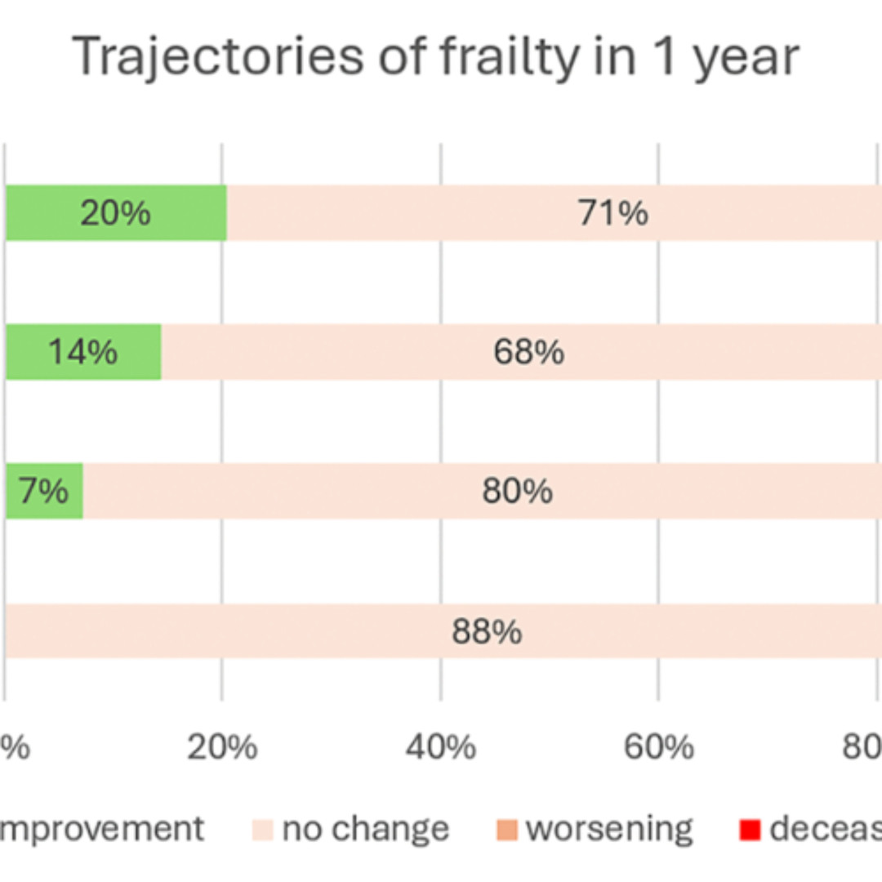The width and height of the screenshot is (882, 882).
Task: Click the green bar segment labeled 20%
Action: (49, 213)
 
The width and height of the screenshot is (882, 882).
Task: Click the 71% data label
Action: (613, 213)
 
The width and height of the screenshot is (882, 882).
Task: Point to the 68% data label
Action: (528, 352)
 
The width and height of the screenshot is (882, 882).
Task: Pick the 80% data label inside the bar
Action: (517, 492)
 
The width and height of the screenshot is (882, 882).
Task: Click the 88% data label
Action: (487, 632)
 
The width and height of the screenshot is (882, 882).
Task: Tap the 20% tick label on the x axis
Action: (221, 747)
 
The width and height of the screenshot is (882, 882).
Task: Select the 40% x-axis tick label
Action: (440, 747)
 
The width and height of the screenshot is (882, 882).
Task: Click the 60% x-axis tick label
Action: (659, 747)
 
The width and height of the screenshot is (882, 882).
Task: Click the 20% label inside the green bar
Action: (115, 213)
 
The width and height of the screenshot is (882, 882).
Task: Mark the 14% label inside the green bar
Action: (82, 352)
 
